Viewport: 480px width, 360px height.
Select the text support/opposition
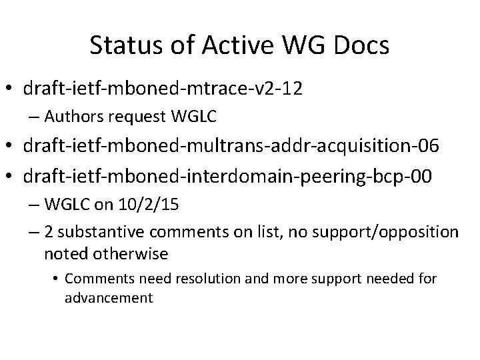pyautogui.click(x=395, y=233)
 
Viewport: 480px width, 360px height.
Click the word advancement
pyautogui.click(x=109, y=297)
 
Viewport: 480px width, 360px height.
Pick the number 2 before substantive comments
pyautogui.click(x=49, y=233)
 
